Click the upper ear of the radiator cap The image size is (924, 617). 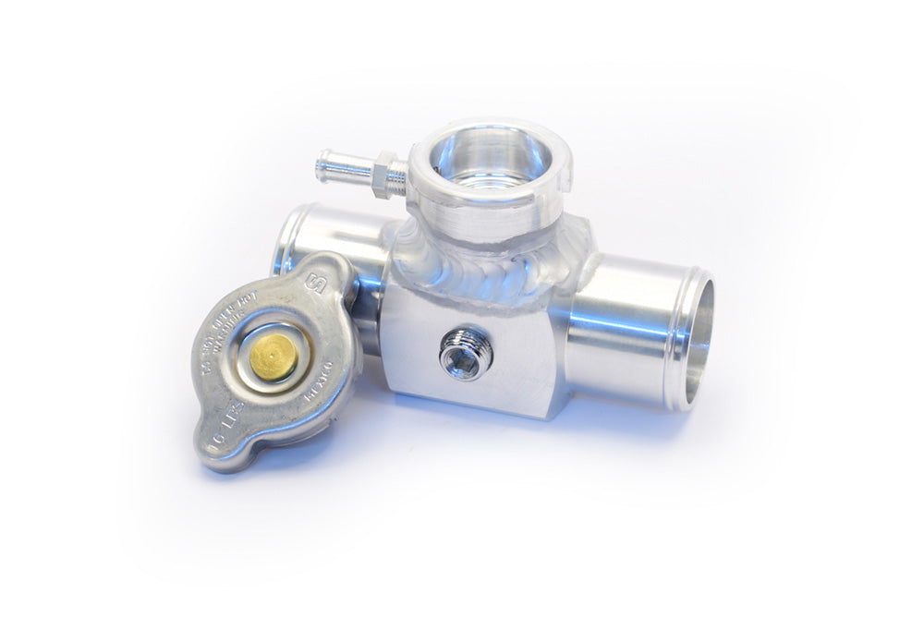click(319, 277)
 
